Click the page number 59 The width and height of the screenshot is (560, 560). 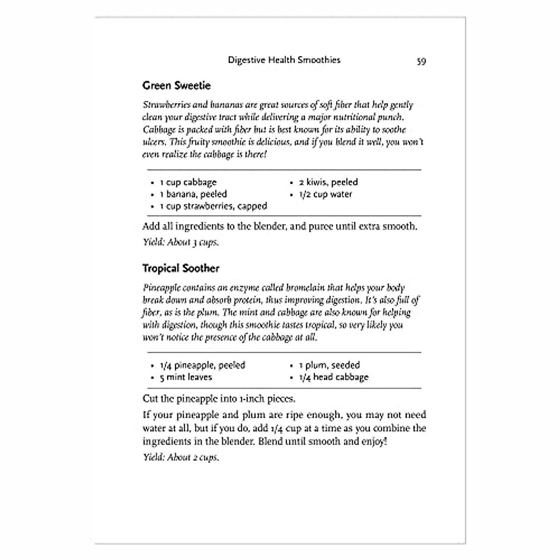click(x=421, y=61)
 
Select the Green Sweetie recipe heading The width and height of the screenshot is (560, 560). click(x=176, y=85)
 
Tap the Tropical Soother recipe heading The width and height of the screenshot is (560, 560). click(x=181, y=268)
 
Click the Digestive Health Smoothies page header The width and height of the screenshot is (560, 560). click(x=284, y=60)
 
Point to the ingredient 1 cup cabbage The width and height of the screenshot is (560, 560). click(x=188, y=182)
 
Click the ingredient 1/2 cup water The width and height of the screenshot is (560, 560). click(x=325, y=194)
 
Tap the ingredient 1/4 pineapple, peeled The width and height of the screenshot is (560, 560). click(x=202, y=365)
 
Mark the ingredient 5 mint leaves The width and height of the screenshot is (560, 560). click(x=186, y=377)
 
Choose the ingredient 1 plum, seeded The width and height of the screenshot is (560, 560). click(x=329, y=365)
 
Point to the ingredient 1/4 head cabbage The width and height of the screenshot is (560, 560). click(x=334, y=377)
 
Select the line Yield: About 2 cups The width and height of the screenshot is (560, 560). click(x=181, y=457)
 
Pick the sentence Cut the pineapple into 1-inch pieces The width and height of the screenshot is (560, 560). click(x=219, y=399)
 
